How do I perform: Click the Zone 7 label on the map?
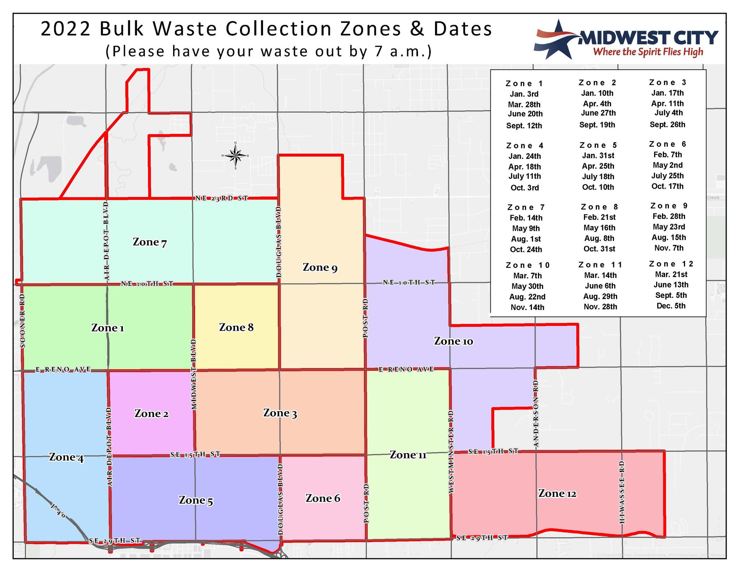150,242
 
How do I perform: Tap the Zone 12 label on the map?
557,494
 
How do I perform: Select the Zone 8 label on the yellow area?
236,327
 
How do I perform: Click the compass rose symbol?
235,156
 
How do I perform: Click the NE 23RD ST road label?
222,198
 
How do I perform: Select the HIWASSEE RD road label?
622,492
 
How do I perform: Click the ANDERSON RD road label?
535,413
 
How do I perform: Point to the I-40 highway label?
58,511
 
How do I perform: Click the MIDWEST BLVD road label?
194,374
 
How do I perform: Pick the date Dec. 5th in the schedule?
671,306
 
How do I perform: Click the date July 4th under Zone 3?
668,113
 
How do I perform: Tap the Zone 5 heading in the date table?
598,145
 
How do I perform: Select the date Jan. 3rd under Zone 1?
524,94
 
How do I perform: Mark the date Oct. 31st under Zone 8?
599,249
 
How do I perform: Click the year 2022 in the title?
65,29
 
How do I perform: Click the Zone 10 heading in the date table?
528,266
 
